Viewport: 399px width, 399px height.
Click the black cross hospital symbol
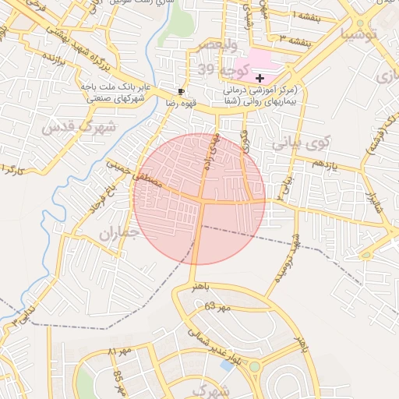260,78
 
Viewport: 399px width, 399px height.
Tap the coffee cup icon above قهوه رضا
182,90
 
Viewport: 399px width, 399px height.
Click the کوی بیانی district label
302,143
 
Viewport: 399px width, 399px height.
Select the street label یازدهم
329,164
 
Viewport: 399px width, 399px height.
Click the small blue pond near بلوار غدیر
226,365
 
